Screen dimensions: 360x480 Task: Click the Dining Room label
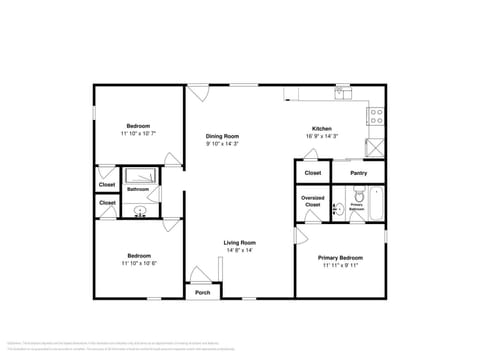coord(222,136)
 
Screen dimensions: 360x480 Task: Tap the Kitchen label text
coord(321,128)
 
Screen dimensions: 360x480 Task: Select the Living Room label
coord(239,243)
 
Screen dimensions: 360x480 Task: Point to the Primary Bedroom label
coord(339,258)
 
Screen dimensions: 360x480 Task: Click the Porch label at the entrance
coord(203,293)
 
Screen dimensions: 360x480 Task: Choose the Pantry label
coord(360,173)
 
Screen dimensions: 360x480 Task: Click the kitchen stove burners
coord(377,116)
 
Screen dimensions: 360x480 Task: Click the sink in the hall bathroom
coord(140,211)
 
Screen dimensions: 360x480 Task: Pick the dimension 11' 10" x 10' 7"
coord(139,133)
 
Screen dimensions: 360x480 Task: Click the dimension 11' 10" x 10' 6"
coord(139,264)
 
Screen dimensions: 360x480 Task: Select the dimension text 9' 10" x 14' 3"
coord(222,144)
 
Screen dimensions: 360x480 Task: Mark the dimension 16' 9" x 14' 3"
coord(322,136)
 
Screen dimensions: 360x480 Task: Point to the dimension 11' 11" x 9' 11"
coord(339,266)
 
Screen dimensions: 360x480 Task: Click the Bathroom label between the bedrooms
coord(138,189)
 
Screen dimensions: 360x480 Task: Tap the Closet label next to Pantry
coord(312,173)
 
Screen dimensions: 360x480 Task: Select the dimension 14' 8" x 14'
coord(239,251)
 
